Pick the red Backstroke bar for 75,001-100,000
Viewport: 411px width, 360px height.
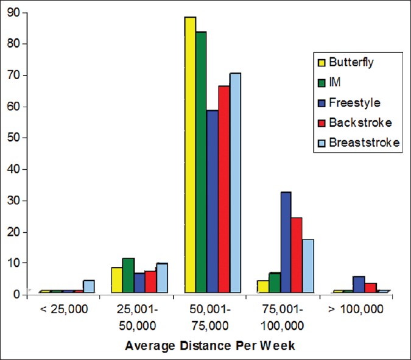click(x=297, y=255)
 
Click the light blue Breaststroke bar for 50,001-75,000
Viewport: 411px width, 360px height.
click(x=235, y=183)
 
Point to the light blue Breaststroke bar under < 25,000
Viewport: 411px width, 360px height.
click(x=89, y=287)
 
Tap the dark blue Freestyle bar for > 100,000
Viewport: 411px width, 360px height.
click(x=359, y=285)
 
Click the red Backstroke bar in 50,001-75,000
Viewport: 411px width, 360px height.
click(x=223, y=189)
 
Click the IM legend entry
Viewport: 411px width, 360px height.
click(x=335, y=82)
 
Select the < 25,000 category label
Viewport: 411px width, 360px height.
click(x=65, y=309)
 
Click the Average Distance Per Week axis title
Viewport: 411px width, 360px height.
click(x=210, y=346)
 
